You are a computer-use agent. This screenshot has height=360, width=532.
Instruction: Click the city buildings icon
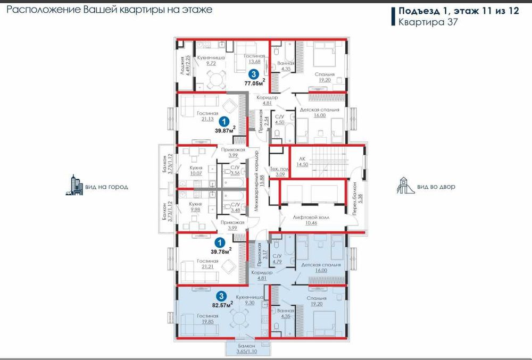[x=74, y=185]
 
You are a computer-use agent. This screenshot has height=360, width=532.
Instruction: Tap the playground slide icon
[x=405, y=186]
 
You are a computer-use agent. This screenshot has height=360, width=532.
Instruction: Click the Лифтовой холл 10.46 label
[x=304, y=220]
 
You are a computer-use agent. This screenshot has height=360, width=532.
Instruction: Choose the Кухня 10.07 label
[x=196, y=169]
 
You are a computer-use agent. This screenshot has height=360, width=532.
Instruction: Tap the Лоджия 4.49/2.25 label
[x=184, y=67]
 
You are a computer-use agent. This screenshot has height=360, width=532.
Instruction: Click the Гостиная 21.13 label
[x=207, y=116]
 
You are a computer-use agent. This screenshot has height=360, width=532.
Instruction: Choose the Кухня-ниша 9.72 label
[x=211, y=60]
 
